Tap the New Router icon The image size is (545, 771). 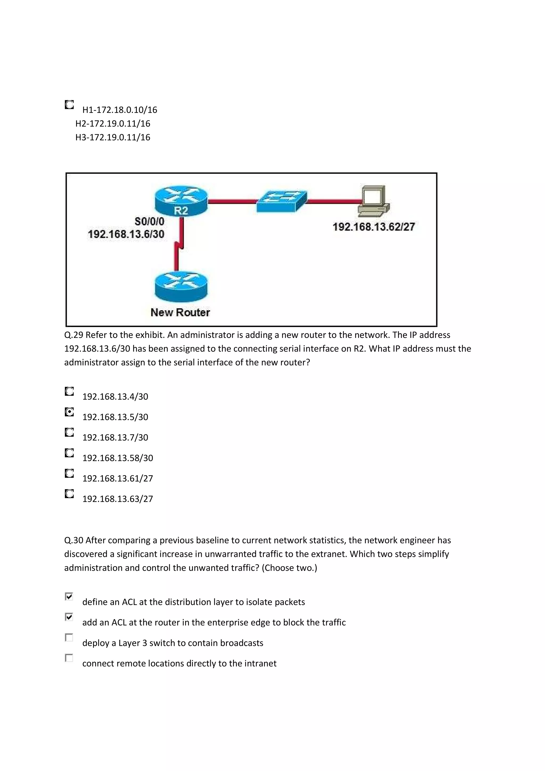tap(181, 287)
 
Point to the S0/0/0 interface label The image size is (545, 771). tap(150, 222)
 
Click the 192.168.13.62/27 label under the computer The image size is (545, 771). tap(373, 227)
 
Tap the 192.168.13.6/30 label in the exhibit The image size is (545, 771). tap(126, 234)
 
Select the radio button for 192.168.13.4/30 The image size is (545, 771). tap(69, 391)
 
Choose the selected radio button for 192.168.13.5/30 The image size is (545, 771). tap(69, 412)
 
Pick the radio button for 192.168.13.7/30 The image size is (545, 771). tap(69, 432)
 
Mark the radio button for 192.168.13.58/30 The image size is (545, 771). tap(69, 453)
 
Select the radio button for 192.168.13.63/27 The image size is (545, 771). tap(69, 494)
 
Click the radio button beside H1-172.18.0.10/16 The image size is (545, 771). tap(69, 105)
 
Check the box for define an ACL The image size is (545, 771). tap(69, 596)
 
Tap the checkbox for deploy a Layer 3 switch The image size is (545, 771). tap(69, 637)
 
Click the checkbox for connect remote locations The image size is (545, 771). tap(69, 658)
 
